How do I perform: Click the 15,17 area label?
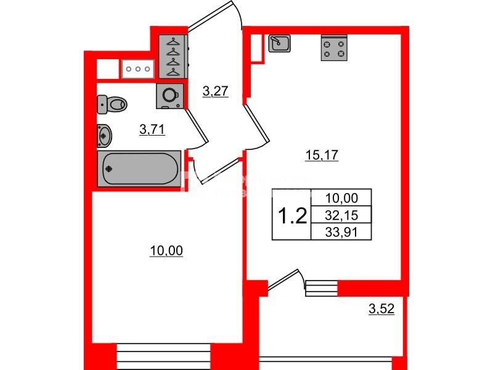(322, 155)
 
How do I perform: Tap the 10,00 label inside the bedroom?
(166, 251)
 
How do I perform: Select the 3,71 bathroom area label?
(152, 129)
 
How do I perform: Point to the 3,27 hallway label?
(215, 91)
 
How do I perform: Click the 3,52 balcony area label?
(381, 309)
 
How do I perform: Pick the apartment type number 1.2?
(292, 216)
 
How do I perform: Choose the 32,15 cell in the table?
(341, 215)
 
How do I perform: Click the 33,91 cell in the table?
(341, 232)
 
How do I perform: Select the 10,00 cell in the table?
(341, 198)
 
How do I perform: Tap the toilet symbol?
(112, 104)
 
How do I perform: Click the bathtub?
(140, 168)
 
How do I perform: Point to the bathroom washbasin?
(104, 136)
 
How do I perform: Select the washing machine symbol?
(170, 96)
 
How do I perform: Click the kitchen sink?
(279, 43)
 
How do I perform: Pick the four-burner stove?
(334, 48)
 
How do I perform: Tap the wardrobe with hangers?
(173, 57)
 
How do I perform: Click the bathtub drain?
(109, 169)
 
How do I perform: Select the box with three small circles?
(137, 69)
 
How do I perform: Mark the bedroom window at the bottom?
(163, 356)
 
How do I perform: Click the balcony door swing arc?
(303, 279)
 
